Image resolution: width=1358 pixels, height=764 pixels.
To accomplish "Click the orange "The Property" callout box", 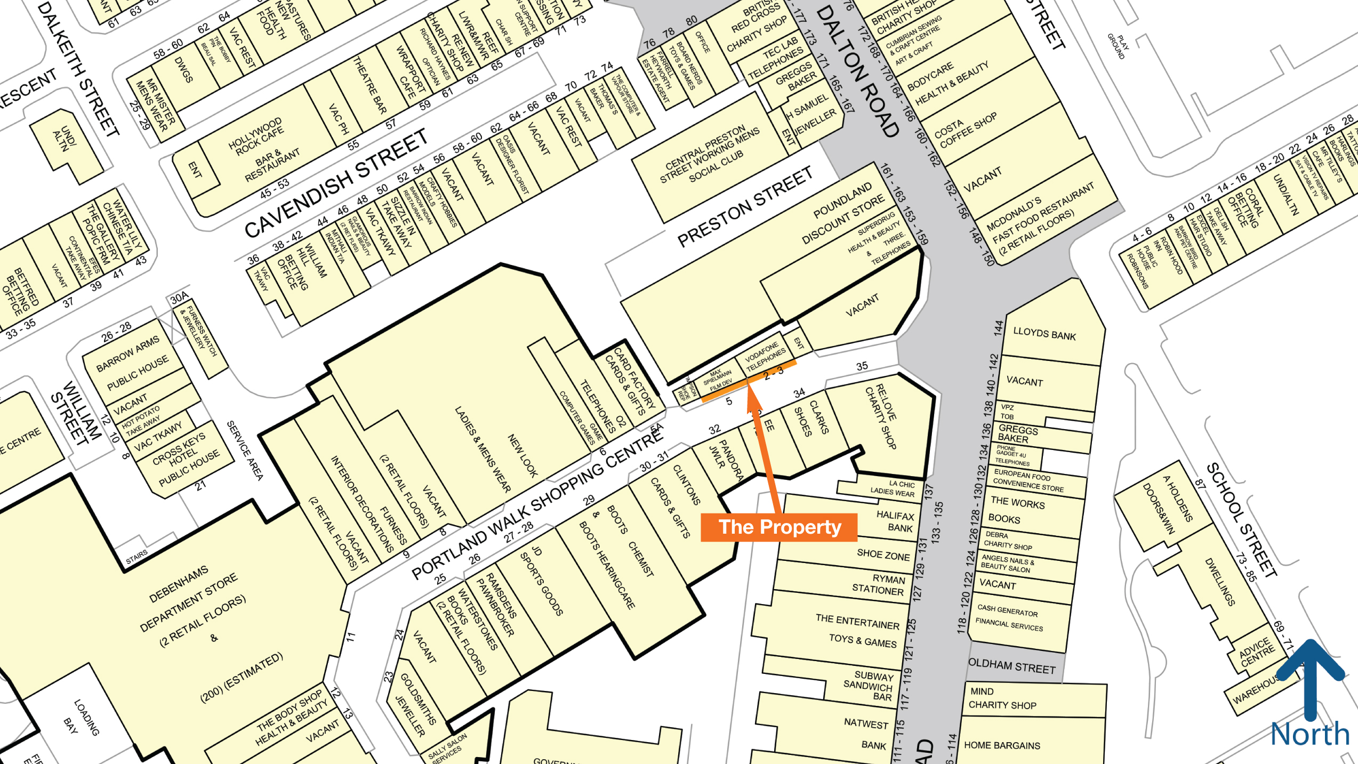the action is pyautogui.click(x=778, y=527).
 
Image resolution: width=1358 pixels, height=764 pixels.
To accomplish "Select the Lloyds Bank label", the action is pyautogui.click(x=1044, y=334).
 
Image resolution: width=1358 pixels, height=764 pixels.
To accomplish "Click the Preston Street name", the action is pyautogui.click(x=744, y=207).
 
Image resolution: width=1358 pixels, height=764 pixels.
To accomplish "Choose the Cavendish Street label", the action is pyautogui.click(x=335, y=183).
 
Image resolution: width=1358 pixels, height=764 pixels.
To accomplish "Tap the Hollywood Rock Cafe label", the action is pyautogui.click(x=256, y=137).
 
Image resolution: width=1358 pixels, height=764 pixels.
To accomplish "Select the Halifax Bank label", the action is pyautogui.click(x=895, y=521).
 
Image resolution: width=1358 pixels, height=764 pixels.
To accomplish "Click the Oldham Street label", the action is pyautogui.click(x=1011, y=666).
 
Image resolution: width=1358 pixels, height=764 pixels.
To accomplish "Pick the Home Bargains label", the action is pyautogui.click(x=1002, y=745).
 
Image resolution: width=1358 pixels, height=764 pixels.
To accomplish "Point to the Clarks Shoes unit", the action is pyautogui.click(x=811, y=419).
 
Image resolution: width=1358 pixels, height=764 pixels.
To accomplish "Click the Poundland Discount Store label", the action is pyautogui.click(x=843, y=214).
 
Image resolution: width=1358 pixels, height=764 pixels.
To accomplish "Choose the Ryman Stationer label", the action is pyautogui.click(x=883, y=585).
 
